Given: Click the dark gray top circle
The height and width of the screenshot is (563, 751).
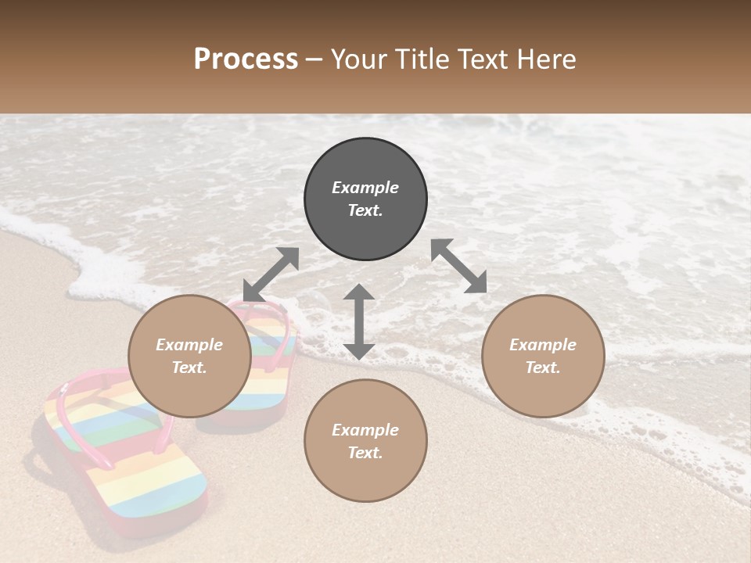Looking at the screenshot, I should tap(365, 199).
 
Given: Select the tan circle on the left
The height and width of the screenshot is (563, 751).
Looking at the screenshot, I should tap(189, 356).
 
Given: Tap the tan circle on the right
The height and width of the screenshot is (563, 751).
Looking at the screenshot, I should tap(543, 356).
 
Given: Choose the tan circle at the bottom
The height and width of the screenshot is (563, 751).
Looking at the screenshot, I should tap(365, 441).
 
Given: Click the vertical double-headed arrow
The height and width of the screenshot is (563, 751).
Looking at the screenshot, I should tap(359, 321).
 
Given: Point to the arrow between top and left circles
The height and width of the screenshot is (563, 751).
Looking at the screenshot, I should tap(271, 274).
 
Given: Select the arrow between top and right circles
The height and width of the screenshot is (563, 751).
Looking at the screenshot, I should tap(459, 266).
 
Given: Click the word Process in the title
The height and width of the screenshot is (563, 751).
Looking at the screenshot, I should tap(246, 59).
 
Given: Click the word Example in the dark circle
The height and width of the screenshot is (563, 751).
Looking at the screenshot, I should tap(365, 188).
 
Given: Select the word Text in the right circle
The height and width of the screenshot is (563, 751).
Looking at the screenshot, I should tap(543, 368).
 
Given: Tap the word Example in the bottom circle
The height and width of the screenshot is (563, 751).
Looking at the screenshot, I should tap(365, 429).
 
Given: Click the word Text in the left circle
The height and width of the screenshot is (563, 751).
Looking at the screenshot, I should tap(189, 368).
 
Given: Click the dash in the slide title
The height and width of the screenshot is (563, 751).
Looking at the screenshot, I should tap(314, 59).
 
